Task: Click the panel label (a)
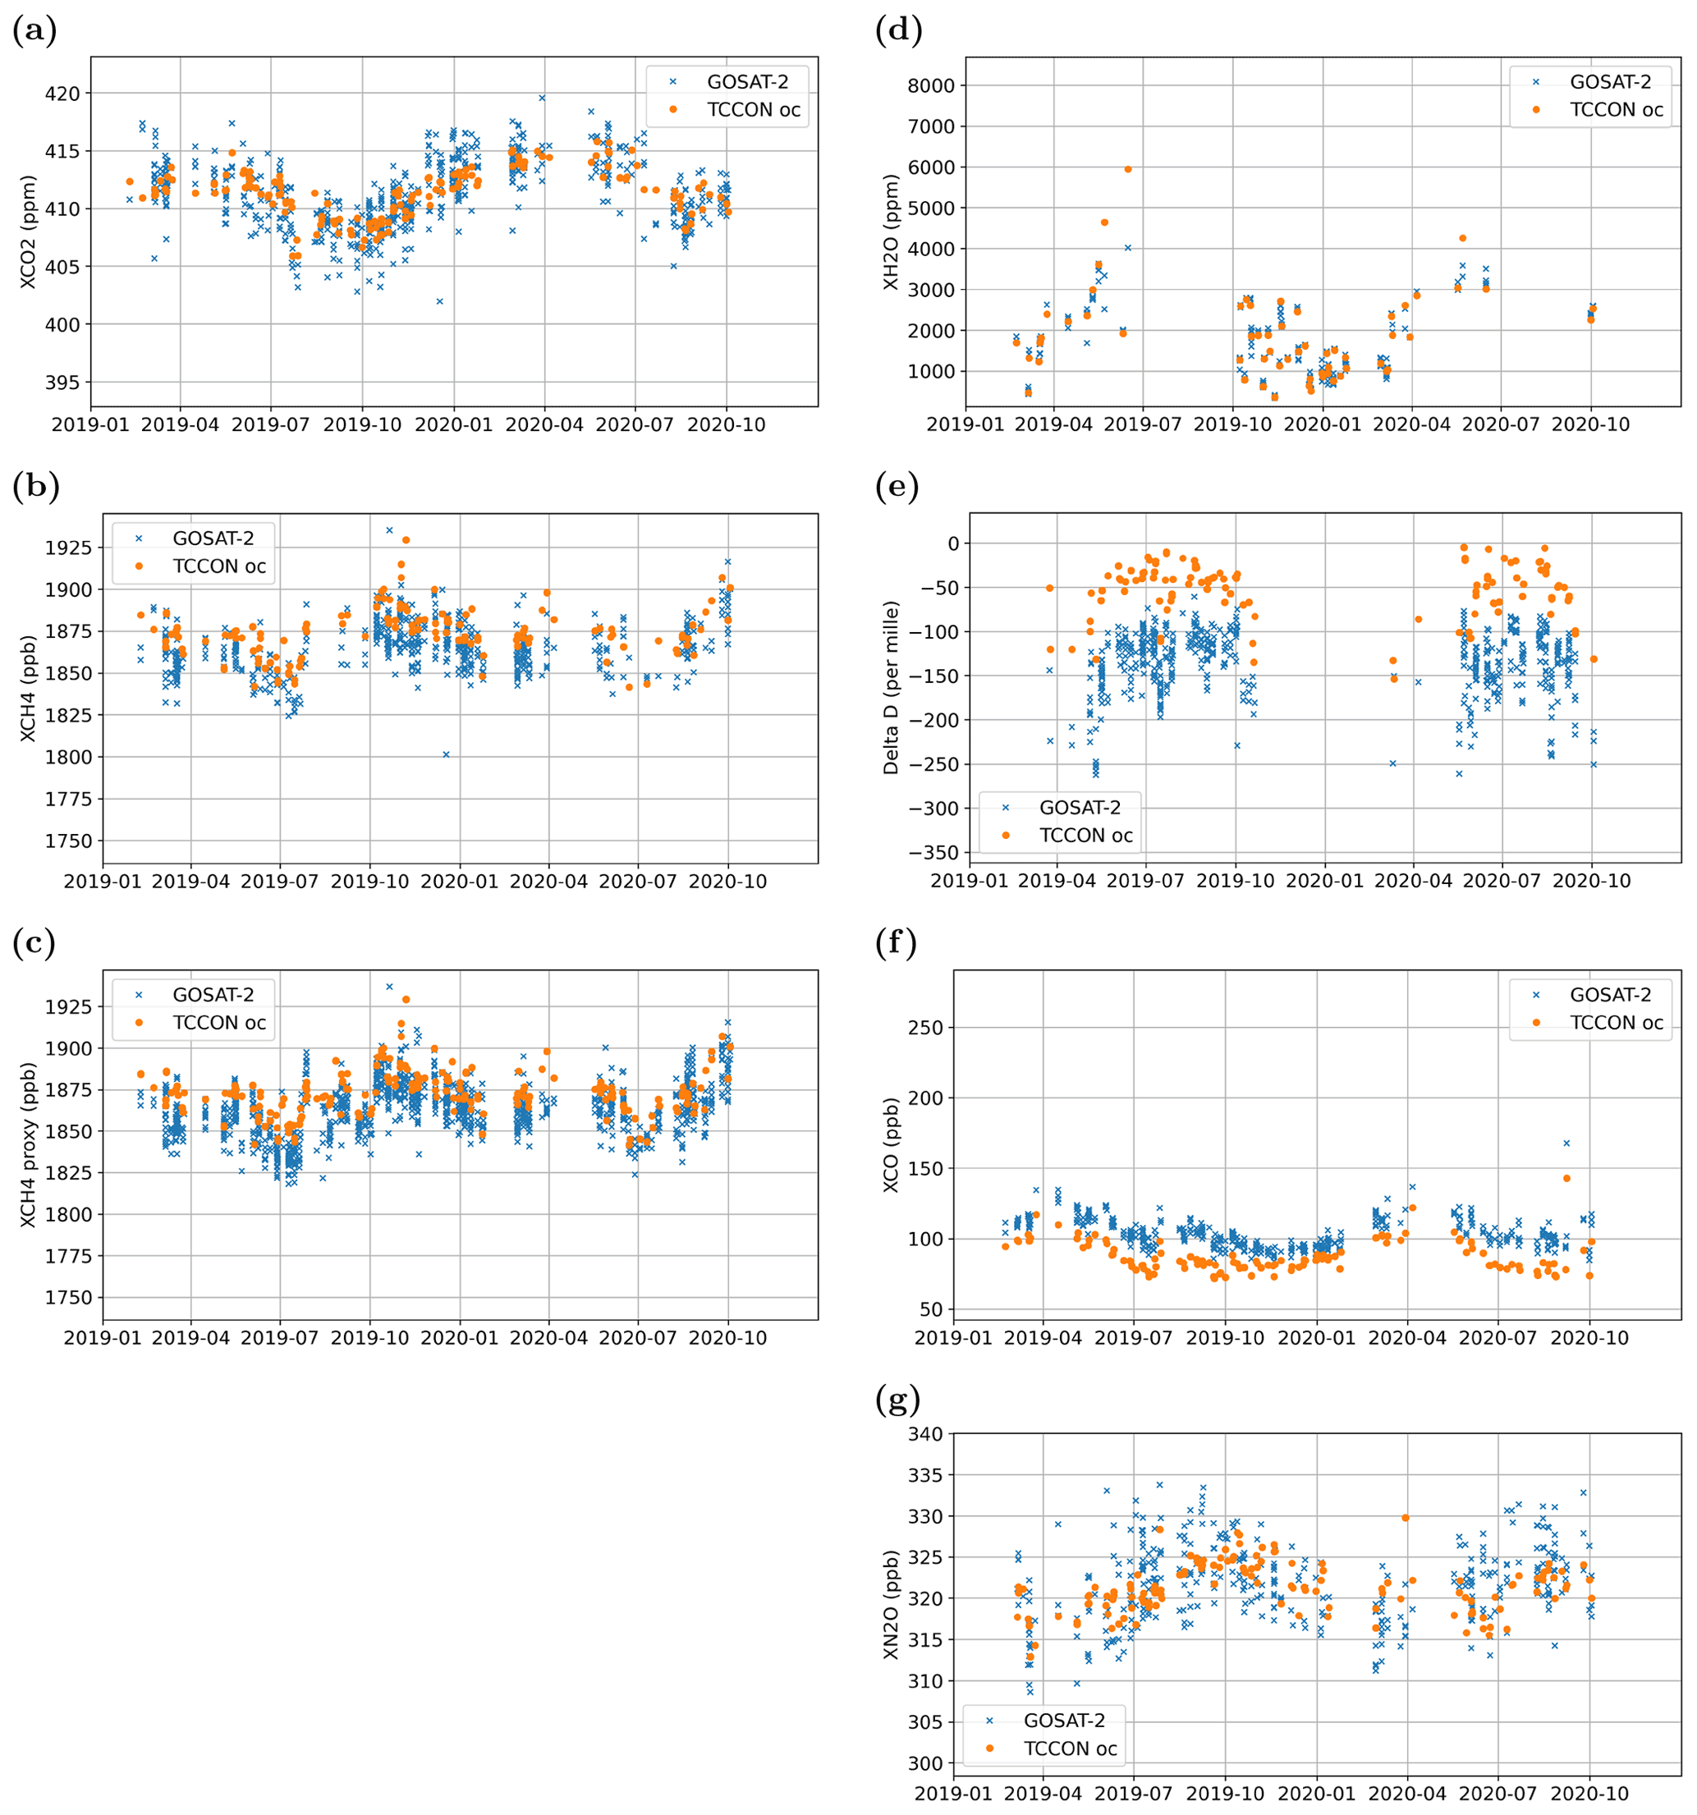point(34,31)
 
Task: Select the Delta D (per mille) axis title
point(891,686)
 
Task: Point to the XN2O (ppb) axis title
point(891,1604)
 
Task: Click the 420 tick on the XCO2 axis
point(63,93)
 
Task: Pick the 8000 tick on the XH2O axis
point(931,86)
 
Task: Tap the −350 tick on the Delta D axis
point(928,853)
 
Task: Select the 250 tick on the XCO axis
point(924,1027)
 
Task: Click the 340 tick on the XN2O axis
point(924,1434)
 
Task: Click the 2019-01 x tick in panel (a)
point(89,425)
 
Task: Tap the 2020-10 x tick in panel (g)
point(1589,1794)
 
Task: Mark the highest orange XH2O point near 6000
point(1128,169)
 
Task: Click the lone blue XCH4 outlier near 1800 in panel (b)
point(447,754)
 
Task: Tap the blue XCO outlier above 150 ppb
point(1566,1143)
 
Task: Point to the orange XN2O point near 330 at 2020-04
point(1406,1517)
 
